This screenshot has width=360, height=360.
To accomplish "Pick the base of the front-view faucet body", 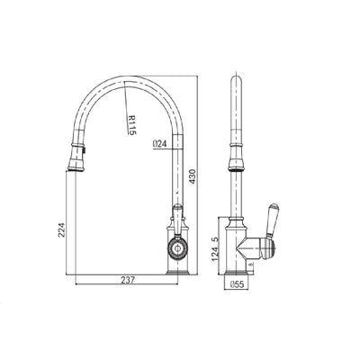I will click(177, 267).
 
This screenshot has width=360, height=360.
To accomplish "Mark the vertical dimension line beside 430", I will click(199, 171).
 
